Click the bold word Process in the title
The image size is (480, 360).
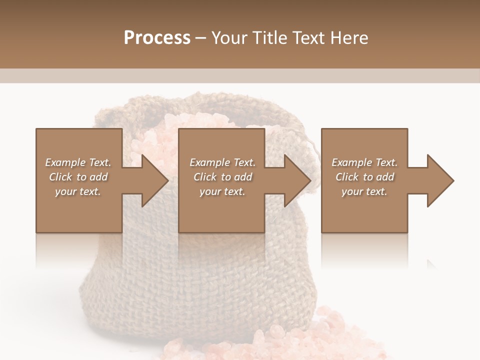click(x=157, y=38)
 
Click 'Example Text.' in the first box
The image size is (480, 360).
click(x=78, y=162)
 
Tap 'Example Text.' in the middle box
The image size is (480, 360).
click(x=222, y=162)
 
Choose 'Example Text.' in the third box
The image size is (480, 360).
click(x=364, y=162)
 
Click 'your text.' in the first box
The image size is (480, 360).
click(x=78, y=191)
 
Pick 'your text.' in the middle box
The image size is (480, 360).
click(x=222, y=191)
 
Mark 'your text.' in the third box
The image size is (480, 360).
click(x=364, y=191)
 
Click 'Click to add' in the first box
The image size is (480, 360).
click(x=78, y=177)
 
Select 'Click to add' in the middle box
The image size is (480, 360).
click(x=222, y=177)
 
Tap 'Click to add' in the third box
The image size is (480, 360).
click(x=364, y=177)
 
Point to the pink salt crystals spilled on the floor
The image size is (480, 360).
click(x=280, y=340)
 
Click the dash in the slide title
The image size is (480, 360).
click(x=201, y=38)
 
